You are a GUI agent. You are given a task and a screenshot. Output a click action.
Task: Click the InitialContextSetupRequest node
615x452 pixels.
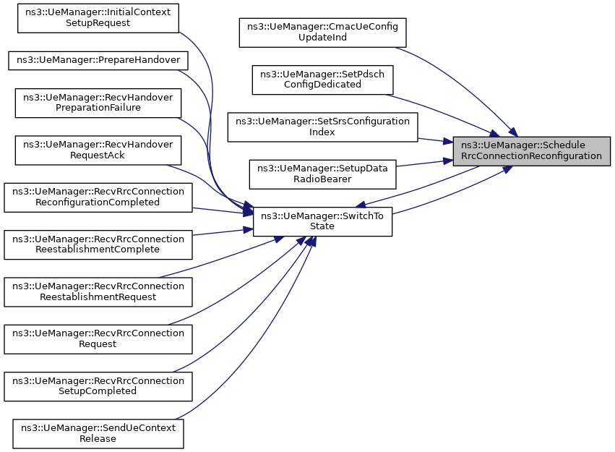tap(98, 18)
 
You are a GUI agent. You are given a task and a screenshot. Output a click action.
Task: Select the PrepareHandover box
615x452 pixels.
tap(98, 61)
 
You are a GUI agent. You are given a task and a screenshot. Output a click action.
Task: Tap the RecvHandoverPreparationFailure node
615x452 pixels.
tap(98, 103)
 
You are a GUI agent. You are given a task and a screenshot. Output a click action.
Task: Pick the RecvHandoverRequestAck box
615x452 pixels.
tap(98, 150)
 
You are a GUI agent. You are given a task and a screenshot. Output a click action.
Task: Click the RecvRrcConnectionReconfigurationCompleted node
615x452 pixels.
tap(98, 197)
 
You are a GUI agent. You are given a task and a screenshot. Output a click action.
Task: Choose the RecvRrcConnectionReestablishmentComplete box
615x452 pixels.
tap(98, 245)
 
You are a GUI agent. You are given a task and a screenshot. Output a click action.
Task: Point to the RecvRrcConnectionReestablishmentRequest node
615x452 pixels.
tap(98, 292)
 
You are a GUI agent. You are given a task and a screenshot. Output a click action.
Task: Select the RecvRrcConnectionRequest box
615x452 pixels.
tap(98, 339)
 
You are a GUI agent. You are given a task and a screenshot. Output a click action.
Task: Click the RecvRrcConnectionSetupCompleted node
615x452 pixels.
tap(98, 386)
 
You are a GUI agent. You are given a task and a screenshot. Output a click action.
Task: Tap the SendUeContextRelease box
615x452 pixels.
tap(98, 434)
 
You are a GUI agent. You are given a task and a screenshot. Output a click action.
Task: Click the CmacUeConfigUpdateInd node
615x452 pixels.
tap(322, 33)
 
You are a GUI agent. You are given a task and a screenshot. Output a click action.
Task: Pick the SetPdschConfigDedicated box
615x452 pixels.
tap(322, 80)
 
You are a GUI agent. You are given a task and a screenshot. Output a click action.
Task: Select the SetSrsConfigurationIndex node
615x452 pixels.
tap(322, 127)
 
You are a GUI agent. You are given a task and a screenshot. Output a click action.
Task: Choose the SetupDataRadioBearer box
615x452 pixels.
tap(322, 174)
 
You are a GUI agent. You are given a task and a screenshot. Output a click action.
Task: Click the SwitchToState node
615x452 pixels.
tap(322, 221)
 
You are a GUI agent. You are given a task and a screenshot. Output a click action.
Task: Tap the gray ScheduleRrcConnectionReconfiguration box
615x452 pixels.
tap(531, 151)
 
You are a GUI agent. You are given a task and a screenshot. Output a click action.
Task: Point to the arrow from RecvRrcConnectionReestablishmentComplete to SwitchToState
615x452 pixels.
tap(223, 232)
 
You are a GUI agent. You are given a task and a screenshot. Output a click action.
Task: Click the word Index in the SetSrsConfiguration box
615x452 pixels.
tap(322, 132)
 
